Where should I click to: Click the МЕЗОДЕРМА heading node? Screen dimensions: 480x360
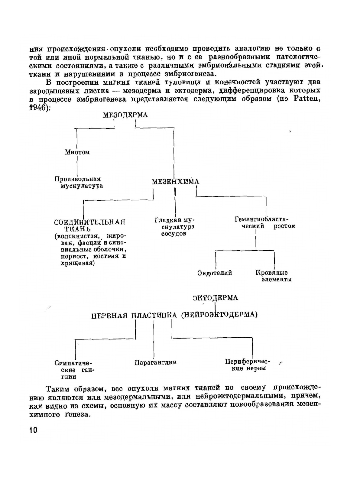[x=125, y=115]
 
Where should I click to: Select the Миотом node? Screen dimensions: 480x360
[x=77, y=152]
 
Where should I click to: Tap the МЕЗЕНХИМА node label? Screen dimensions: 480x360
[x=175, y=182]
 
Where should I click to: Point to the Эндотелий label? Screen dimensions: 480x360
[x=215, y=273]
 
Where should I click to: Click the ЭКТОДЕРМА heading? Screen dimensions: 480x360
[x=215, y=298]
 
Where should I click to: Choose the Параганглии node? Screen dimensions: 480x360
[x=155, y=362]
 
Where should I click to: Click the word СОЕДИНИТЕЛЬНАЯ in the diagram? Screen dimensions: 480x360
[x=89, y=222]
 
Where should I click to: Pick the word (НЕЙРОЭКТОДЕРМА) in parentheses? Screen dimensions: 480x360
[x=219, y=315]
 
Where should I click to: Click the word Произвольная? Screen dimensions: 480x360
[x=77, y=179]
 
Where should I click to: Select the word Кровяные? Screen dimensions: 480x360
[x=271, y=273]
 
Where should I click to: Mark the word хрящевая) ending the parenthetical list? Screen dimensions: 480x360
[x=78, y=263]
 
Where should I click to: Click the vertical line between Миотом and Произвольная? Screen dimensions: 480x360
[x=77, y=166]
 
